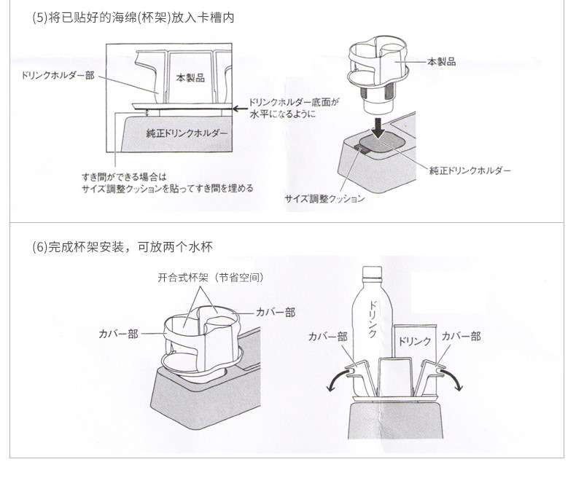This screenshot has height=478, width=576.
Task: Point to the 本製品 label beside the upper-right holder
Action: [x=442, y=62]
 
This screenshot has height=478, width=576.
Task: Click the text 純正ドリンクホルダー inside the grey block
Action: [x=187, y=134]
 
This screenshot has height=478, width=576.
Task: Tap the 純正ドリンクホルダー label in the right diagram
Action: [x=470, y=171]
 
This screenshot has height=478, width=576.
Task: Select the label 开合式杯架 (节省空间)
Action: [x=210, y=278]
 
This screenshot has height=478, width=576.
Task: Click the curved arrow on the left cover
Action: [x=335, y=380]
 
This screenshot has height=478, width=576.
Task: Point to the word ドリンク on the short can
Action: [x=413, y=340]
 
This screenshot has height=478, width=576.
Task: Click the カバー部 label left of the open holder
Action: [x=117, y=334]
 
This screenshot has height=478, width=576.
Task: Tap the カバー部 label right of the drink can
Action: [x=461, y=336]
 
